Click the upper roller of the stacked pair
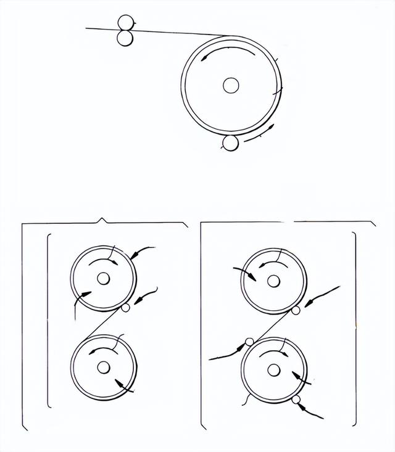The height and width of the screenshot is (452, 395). pyautogui.click(x=126, y=22)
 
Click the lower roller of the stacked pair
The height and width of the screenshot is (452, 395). pyautogui.click(x=126, y=38)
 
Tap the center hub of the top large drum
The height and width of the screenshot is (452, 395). pyautogui.click(x=231, y=86)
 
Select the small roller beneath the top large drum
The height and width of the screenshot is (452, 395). pyautogui.click(x=231, y=143)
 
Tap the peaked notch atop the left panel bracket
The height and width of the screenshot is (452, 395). pyautogui.click(x=102, y=220)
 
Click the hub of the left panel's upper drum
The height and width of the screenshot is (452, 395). pyautogui.click(x=103, y=279)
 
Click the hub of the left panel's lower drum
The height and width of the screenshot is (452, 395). pyautogui.click(x=103, y=368)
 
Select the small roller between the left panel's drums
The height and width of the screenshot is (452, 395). pyautogui.click(x=126, y=308)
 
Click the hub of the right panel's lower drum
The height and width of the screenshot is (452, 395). pyautogui.click(x=273, y=369)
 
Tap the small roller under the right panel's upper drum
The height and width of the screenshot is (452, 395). pyautogui.click(x=296, y=310)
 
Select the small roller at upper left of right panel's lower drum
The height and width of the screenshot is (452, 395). pyautogui.click(x=249, y=342)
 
